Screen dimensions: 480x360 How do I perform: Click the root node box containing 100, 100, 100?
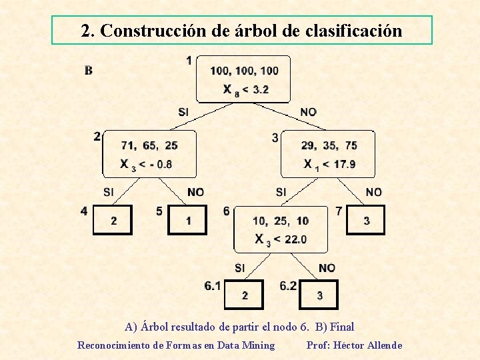[x=243, y=79]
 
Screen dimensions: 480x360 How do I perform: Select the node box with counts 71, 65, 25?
[x=149, y=154]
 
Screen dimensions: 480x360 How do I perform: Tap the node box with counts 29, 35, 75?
[x=328, y=154]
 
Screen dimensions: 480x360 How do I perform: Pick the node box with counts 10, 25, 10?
[x=281, y=229]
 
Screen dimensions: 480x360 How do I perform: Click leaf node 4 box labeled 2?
[x=113, y=220]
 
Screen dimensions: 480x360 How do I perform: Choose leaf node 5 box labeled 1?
[x=188, y=220]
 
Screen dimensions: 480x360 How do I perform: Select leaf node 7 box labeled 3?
[x=366, y=220]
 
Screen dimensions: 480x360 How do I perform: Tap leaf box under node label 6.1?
[x=244, y=295]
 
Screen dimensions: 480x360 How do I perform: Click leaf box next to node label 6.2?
[x=319, y=295]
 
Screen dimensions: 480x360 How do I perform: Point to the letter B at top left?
[x=89, y=70]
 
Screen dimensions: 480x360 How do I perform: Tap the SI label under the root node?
[x=183, y=111]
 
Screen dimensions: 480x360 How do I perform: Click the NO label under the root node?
[x=308, y=111]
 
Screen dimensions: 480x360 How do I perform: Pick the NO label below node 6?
[x=327, y=267]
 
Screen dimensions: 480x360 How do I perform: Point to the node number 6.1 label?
[x=213, y=285]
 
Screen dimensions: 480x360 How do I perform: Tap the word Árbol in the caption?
[x=154, y=327]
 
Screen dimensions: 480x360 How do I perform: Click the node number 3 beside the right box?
[x=275, y=138]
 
